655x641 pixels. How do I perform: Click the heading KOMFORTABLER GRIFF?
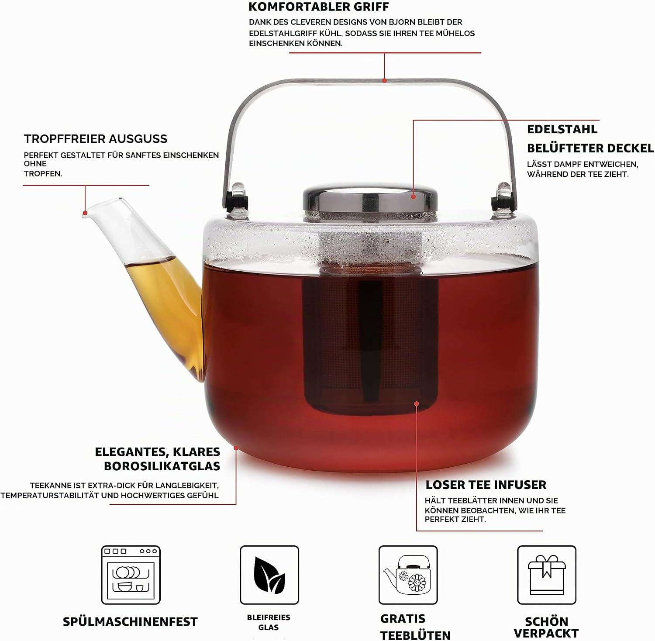click(318, 7)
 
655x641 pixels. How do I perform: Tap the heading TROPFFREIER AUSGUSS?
click(96, 139)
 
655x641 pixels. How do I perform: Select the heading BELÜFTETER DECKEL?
click(590, 148)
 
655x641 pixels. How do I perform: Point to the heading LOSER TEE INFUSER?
click(486, 485)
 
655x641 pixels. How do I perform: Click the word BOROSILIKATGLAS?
click(162, 466)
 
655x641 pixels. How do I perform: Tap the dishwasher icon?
click(131, 575)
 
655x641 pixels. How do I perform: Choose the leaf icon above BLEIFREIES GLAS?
click(269, 575)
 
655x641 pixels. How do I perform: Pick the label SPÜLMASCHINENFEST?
click(130, 621)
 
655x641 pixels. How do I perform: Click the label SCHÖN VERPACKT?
click(546, 627)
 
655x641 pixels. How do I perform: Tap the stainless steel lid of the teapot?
click(370, 199)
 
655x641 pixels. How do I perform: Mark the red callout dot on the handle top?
click(384, 80)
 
